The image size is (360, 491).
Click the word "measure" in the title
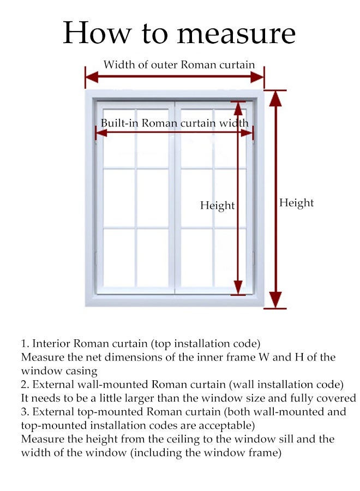coord(236,33)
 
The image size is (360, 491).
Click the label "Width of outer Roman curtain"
coord(179,64)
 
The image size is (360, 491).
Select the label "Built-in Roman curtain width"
coord(175,123)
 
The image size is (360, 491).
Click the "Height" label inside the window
coord(217,206)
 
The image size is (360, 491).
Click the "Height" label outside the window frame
coord(297,203)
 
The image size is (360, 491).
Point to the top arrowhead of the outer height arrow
coord(276,98)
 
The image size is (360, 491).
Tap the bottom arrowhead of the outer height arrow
coord(276,300)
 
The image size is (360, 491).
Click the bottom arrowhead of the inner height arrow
coord(238,288)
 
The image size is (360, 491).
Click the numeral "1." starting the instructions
coord(25,344)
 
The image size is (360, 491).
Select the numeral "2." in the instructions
coord(25,385)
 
